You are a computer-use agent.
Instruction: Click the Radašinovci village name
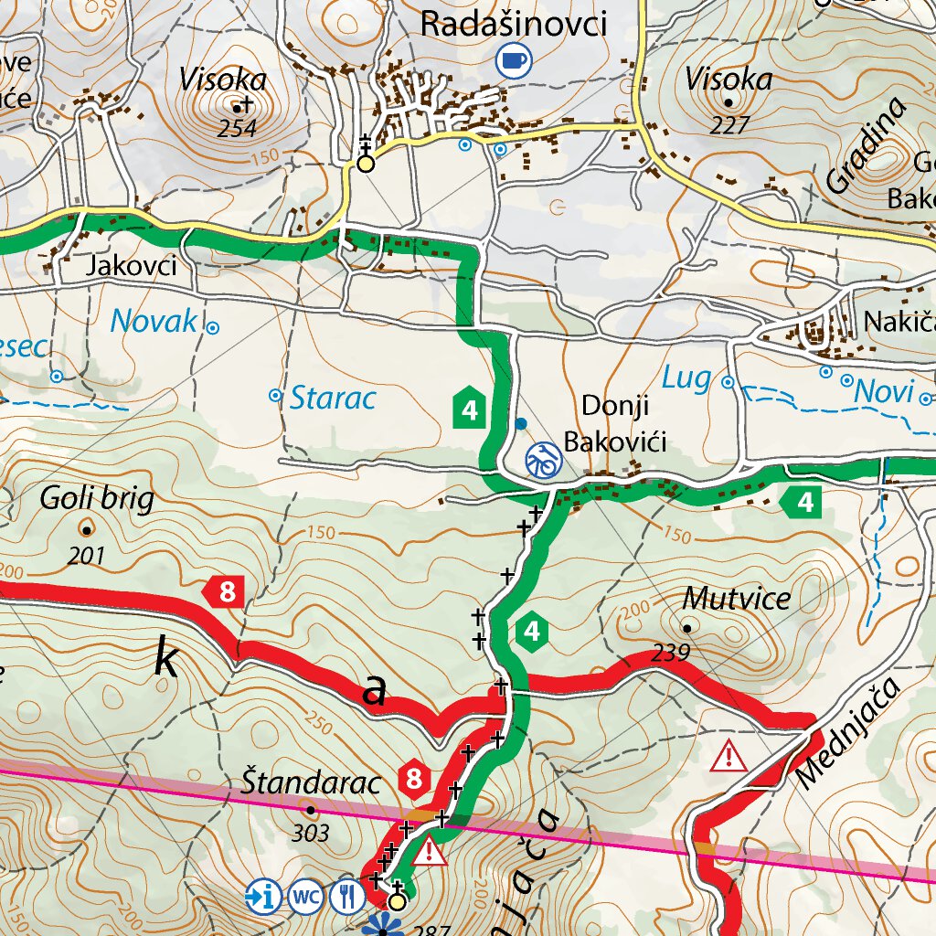pyautogui.click(x=513, y=24)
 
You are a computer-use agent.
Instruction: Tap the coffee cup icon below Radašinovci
pyautogui.click(x=513, y=60)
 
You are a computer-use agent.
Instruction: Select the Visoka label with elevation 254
pyautogui.click(x=223, y=80)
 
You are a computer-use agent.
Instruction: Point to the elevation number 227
pyautogui.click(x=729, y=125)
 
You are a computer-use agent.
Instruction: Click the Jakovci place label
pyautogui.click(x=131, y=266)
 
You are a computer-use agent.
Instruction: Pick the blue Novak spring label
pyautogui.click(x=154, y=321)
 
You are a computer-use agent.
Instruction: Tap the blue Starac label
pyautogui.click(x=333, y=398)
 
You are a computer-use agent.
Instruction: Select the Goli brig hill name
pyautogui.click(x=97, y=499)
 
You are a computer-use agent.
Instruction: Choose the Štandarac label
pyautogui.click(x=310, y=783)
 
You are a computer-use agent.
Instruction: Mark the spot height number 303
pyautogui.click(x=311, y=833)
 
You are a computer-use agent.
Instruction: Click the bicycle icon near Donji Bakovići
pyautogui.click(x=542, y=459)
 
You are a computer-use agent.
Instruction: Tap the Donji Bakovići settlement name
pyautogui.click(x=614, y=424)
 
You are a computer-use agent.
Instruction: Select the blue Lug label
pyautogui.click(x=686, y=378)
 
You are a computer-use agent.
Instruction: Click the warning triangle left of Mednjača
pyautogui.click(x=729, y=756)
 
